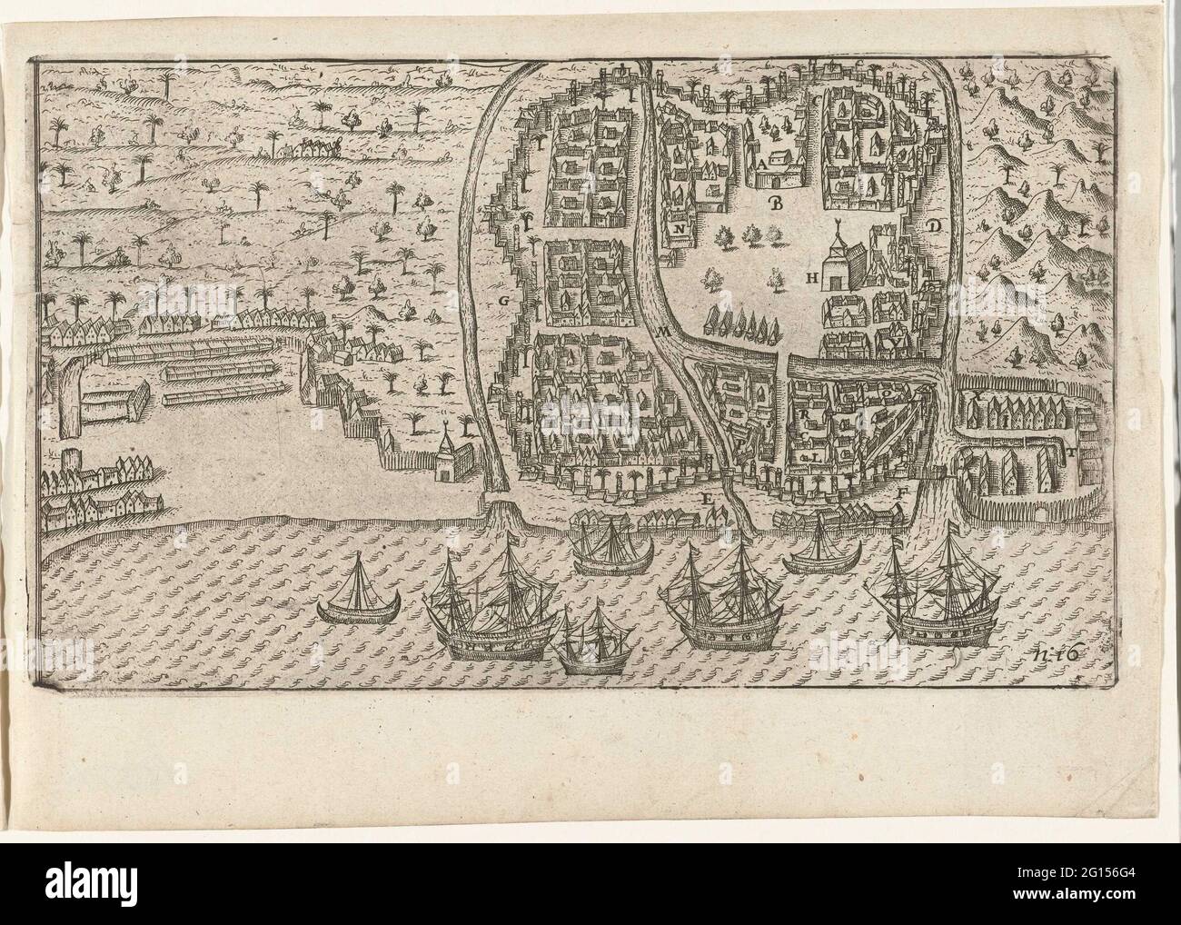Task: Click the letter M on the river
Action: [664, 333]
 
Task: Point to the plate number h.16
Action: [1054, 648]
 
